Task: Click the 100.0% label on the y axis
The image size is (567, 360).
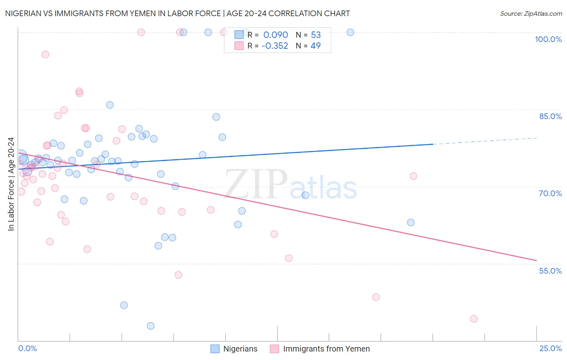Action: click(548, 39)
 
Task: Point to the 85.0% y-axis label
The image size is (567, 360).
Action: click(550, 116)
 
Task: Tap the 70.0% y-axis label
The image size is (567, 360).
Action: click(550, 193)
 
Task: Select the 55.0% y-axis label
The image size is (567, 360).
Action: click(550, 271)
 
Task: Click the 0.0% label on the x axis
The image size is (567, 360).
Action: click(27, 348)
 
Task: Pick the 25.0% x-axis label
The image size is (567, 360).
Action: click(550, 348)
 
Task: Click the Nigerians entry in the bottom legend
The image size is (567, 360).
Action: click(240, 349)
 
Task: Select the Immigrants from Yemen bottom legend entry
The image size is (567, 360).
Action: click(326, 349)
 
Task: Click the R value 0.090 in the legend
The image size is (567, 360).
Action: click(275, 35)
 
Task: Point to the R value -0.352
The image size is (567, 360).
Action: click(275, 46)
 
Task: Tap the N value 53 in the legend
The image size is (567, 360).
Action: click(316, 35)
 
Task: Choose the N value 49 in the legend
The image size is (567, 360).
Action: click(315, 46)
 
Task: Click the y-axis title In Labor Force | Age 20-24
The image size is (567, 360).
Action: click(11, 184)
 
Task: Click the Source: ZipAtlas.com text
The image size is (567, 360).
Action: click(531, 13)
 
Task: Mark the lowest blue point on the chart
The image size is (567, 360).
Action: click(150, 326)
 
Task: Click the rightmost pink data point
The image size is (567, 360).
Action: click(474, 319)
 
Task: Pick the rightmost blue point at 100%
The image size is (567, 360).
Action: click(350, 32)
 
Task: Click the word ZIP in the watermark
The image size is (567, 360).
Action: click(256, 184)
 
